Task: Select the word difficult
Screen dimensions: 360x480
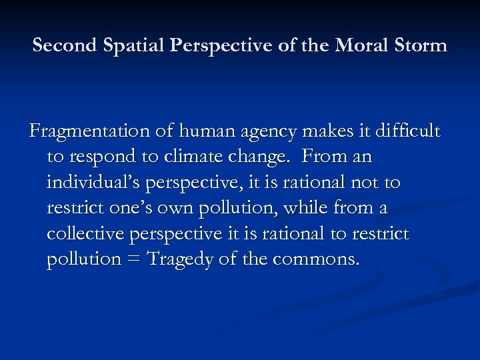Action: pyautogui.click(x=407, y=132)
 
